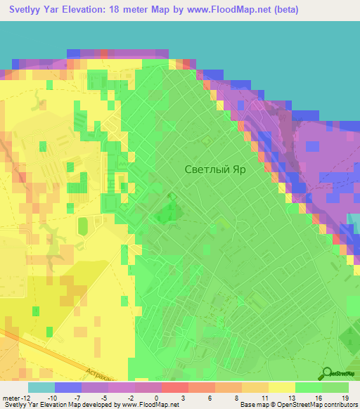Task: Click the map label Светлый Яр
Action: point(216,169)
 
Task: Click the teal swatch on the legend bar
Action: point(41,387)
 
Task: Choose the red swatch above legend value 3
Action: point(174,387)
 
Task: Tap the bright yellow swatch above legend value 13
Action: point(281,387)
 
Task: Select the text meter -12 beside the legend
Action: point(15,397)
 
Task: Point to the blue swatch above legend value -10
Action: point(68,387)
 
